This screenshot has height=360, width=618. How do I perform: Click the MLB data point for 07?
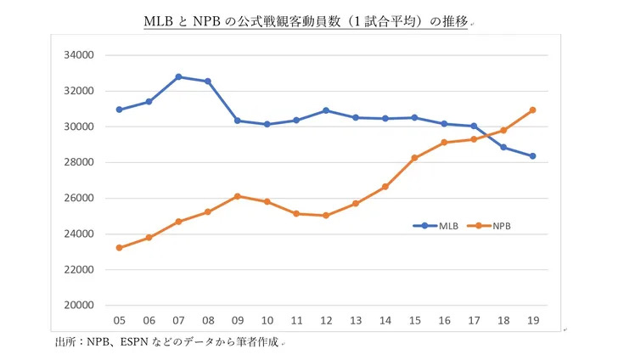(178, 76)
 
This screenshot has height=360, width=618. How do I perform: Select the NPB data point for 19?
(532, 110)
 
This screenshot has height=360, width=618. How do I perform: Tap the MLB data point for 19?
(532, 156)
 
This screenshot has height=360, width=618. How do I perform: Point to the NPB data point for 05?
(119, 248)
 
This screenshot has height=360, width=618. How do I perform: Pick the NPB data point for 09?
(237, 196)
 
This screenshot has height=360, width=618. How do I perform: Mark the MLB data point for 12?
(326, 110)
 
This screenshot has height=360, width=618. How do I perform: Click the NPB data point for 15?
(414, 158)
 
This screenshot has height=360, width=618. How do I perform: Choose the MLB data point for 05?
(119, 110)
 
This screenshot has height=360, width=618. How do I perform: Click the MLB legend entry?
(437, 226)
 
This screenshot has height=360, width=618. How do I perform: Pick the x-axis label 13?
(356, 320)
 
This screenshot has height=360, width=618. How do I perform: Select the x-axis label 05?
(119, 320)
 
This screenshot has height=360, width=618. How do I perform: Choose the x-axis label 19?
(532, 320)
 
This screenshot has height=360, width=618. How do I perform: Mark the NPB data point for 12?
(326, 216)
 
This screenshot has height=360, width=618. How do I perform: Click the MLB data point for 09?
(237, 121)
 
